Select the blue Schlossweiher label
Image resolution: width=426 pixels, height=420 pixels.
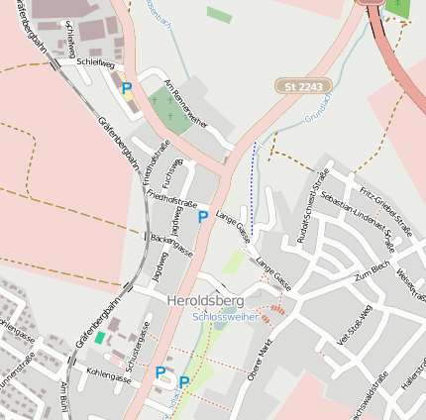(x=226, y=317)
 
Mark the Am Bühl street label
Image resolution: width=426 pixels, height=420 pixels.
(x=65, y=397)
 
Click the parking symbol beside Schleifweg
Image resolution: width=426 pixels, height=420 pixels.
(x=126, y=88)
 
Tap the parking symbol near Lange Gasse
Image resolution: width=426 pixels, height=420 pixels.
(x=202, y=216)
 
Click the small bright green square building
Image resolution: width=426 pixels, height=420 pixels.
(x=99, y=338)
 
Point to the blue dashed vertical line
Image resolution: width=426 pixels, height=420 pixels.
(x=253, y=188)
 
